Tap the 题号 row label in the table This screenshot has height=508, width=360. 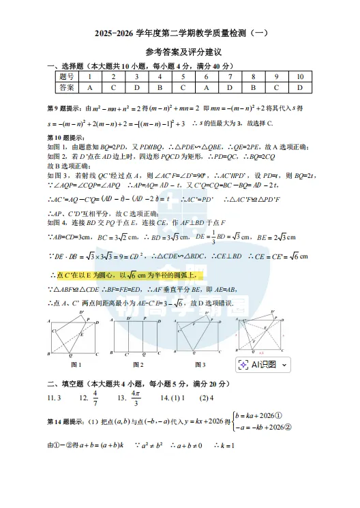(x=67, y=77)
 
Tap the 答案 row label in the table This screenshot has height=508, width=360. (x=67, y=87)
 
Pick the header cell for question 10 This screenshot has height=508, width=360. (x=299, y=77)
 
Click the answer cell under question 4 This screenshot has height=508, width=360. (x=160, y=87)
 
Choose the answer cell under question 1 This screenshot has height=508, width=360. (x=90, y=87)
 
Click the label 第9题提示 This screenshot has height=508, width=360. (x=64, y=108)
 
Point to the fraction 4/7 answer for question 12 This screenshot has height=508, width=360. (x=95, y=398)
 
